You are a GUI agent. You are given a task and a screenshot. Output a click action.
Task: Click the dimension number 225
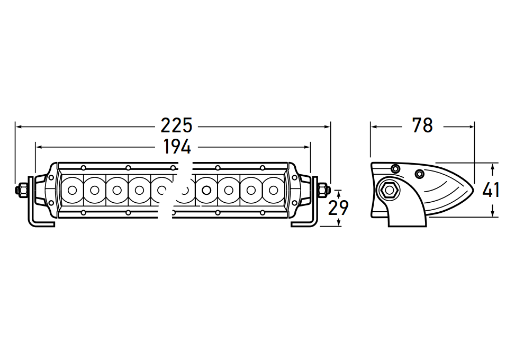[x=176, y=125]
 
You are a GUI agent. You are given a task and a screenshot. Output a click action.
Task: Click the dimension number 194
[x=177, y=147]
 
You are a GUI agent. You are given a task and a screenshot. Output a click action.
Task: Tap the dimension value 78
[x=422, y=125]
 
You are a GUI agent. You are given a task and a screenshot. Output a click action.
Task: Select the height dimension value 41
[x=491, y=190]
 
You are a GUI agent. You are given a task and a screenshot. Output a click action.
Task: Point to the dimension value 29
[x=338, y=208]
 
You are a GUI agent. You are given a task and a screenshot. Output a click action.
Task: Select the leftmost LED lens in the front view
[x=73, y=190]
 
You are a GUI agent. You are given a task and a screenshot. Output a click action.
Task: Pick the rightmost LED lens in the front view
[x=273, y=190]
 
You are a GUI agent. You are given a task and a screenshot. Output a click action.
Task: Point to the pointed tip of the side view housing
[x=473, y=190]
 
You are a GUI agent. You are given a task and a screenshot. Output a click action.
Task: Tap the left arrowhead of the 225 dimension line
[x=19, y=127]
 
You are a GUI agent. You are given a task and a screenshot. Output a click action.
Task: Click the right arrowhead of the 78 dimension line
[x=472, y=127]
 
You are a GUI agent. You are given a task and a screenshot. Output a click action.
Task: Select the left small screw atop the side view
[x=395, y=168]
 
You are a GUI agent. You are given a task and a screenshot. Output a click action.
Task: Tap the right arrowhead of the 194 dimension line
[x=307, y=147]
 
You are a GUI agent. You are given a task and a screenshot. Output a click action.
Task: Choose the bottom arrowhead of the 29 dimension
[x=339, y=223]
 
